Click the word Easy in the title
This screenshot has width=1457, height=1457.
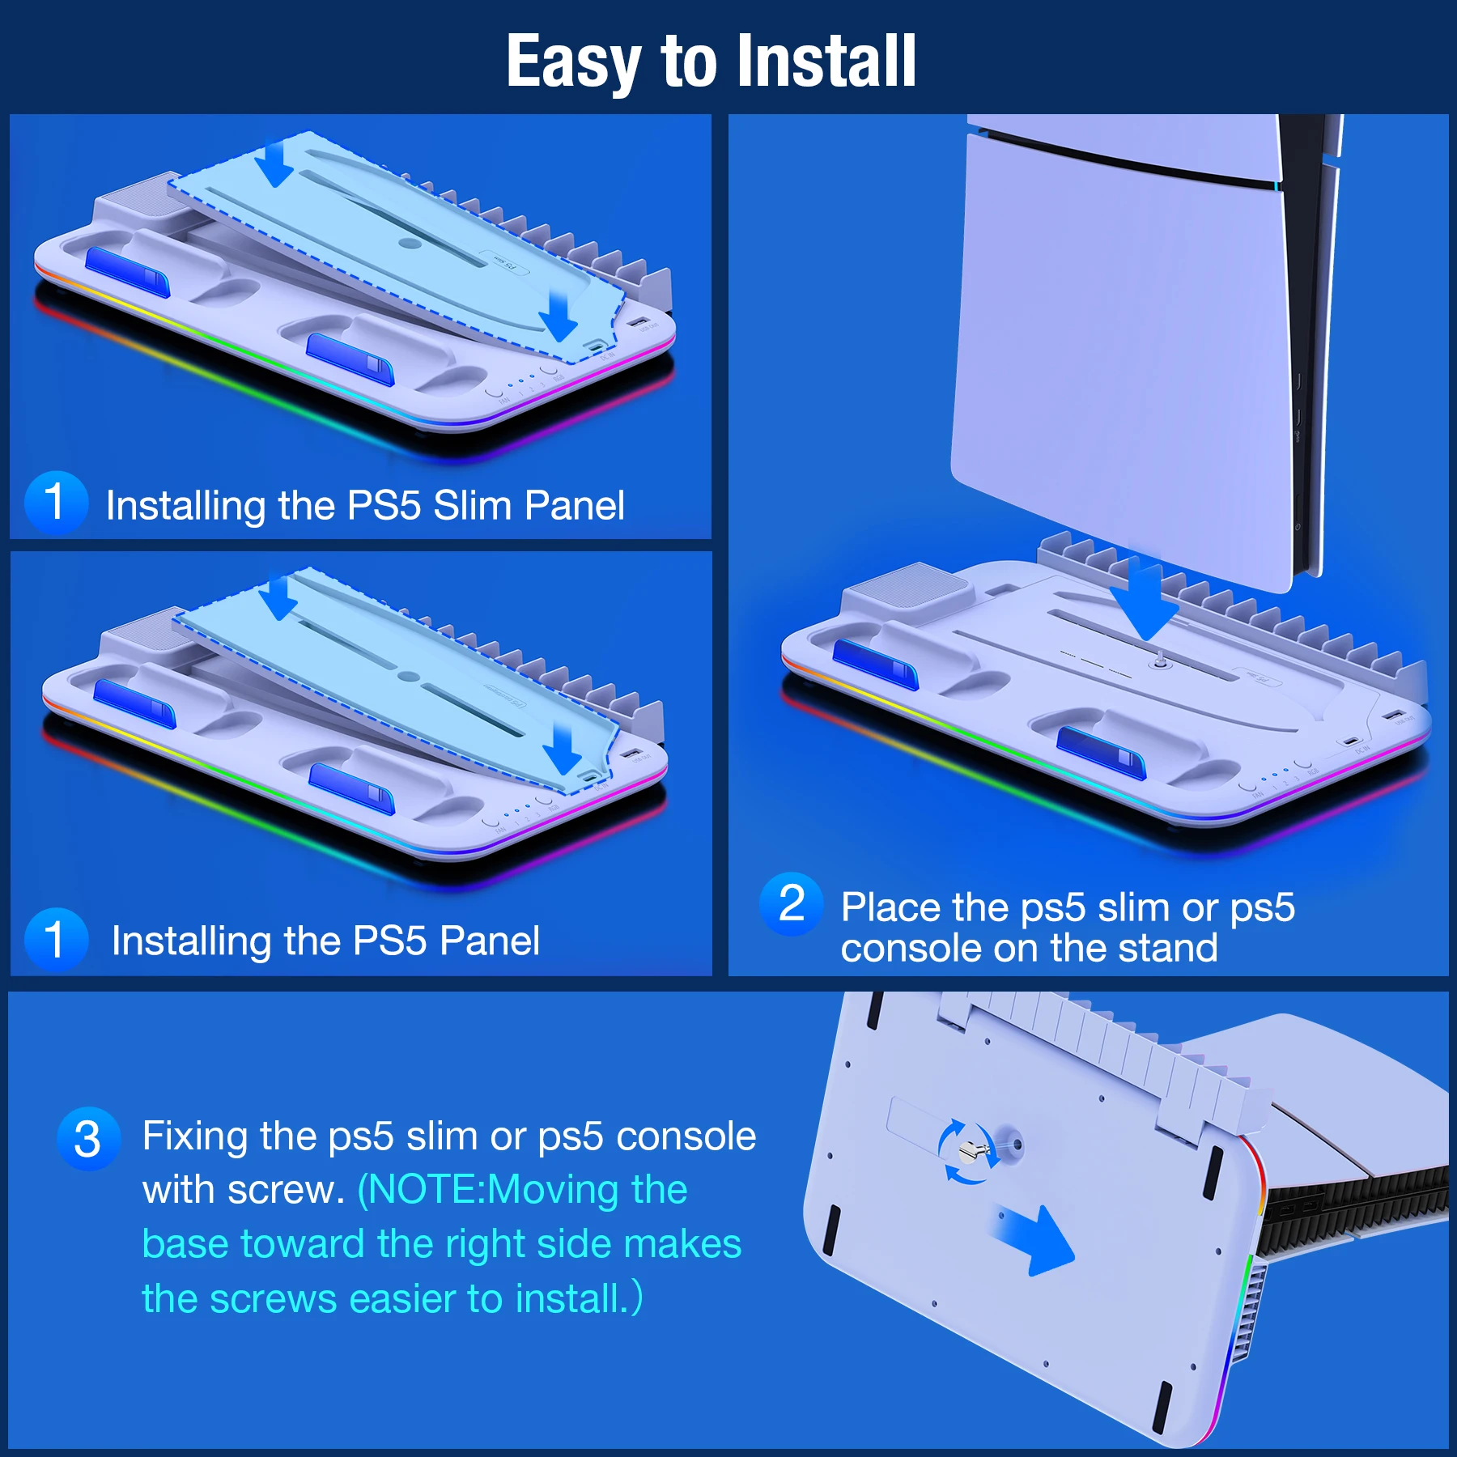[x=573, y=62]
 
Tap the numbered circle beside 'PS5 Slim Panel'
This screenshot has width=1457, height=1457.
[x=55, y=502]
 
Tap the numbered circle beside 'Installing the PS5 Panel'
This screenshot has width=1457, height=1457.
[x=55, y=939]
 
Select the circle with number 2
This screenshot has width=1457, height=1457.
[x=791, y=904]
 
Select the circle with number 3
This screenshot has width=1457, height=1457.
[x=87, y=1139]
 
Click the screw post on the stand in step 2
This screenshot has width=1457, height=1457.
[x=1160, y=661]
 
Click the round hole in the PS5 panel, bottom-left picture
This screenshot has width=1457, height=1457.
[x=409, y=676]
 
